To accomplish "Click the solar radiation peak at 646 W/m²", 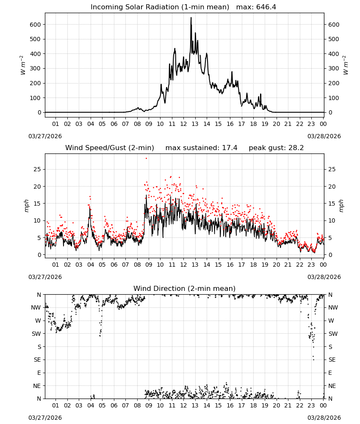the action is click(191, 18).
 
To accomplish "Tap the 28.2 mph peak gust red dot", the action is click(147, 158).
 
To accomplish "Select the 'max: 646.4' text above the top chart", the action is click(256, 7).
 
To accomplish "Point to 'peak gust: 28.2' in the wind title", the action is click(276, 148).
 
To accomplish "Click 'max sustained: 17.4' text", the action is click(201, 148).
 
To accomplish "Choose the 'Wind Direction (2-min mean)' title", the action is click(185, 288).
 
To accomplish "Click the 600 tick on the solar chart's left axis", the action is click(35, 25).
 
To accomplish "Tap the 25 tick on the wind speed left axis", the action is click(37, 169).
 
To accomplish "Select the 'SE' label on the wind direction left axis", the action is click(37, 360).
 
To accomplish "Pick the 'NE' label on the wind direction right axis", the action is click(332, 386).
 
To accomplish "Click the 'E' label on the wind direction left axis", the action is click(39, 373).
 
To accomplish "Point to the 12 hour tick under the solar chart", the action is click(183, 124).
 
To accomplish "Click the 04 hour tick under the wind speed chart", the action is click(91, 265).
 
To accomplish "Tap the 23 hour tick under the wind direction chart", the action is click(311, 405).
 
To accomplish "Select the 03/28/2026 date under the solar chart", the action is click(324, 136).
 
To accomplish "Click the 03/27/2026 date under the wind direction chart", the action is click(45, 418).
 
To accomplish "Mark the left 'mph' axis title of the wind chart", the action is click(26, 206).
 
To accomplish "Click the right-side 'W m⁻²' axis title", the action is click(346, 65).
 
